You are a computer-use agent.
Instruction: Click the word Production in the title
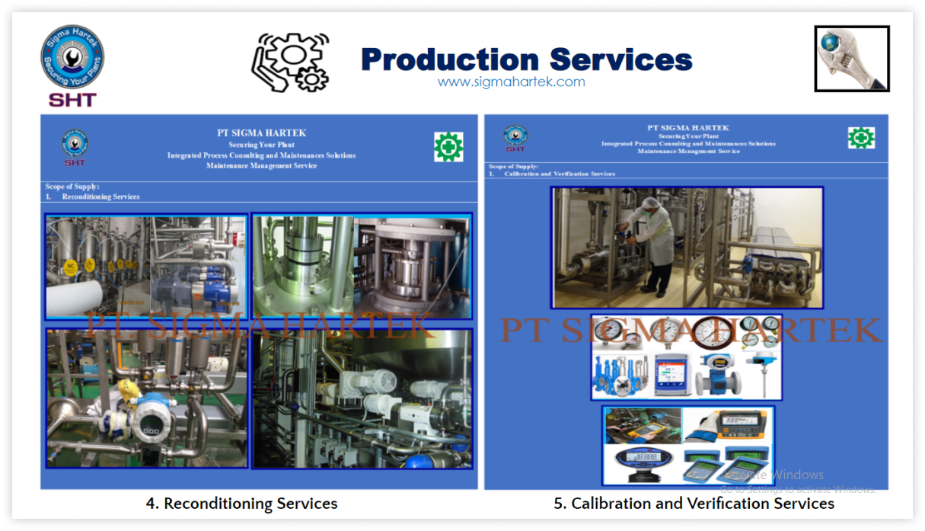[x=449, y=59]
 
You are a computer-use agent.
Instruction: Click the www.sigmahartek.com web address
[x=511, y=82]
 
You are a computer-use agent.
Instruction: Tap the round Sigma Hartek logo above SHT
[x=72, y=57]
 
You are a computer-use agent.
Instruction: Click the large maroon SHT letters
[x=72, y=100]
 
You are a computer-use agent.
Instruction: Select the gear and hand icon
[x=291, y=61]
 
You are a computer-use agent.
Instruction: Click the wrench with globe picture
[x=851, y=59]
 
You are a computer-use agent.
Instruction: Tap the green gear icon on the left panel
[x=448, y=146]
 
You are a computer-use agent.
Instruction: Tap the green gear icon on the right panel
[x=861, y=138]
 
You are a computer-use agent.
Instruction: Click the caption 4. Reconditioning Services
[x=241, y=504]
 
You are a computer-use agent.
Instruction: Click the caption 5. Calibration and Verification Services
[x=694, y=504]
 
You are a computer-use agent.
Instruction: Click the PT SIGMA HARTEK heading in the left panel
[x=261, y=133]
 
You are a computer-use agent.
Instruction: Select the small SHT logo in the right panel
[x=515, y=138]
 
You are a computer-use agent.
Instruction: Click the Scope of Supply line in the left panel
[x=72, y=187]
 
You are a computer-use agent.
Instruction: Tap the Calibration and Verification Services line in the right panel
[x=559, y=174]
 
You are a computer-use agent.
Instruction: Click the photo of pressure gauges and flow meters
[x=686, y=357]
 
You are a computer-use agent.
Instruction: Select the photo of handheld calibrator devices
[x=688, y=445]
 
